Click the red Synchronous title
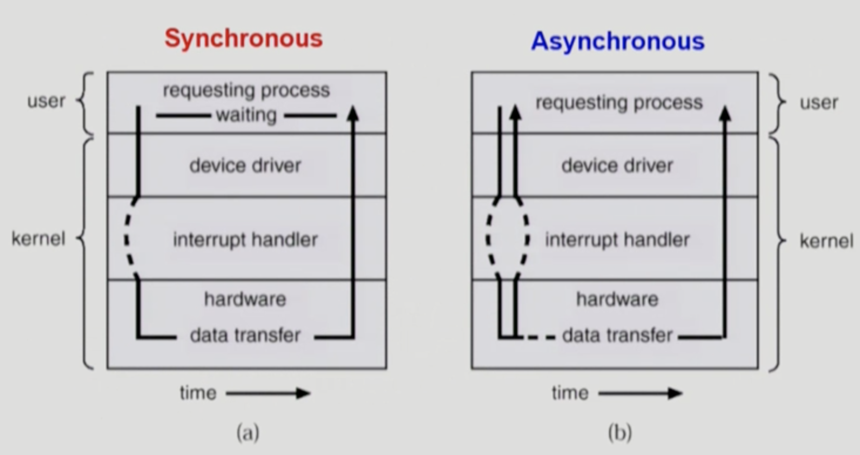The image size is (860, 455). click(x=244, y=39)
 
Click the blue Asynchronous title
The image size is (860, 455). click(x=618, y=41)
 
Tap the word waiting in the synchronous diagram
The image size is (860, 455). click(x=246, y=115)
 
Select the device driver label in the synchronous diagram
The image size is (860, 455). click(x=246, y=166)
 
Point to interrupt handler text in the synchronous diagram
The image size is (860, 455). click(x=246, y=240)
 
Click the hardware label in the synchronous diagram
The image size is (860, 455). click(x=246, y=299)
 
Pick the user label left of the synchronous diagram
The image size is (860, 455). click(x=46, y=101)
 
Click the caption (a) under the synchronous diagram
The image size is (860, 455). click(x=248, y=433)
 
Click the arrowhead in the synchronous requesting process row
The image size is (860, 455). click(x=353, y=114)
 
